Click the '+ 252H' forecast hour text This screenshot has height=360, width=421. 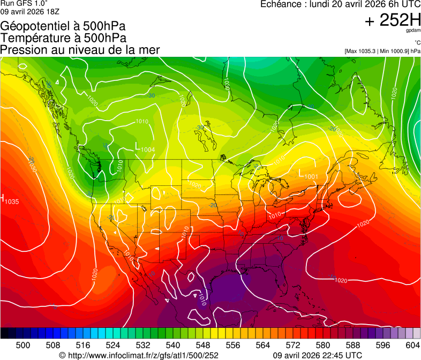392,20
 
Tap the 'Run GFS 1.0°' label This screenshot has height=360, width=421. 20,3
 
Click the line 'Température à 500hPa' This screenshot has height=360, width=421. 63,38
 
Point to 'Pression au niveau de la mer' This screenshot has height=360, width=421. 80,50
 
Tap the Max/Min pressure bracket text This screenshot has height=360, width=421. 382,51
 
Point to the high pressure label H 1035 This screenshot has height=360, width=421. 10,199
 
